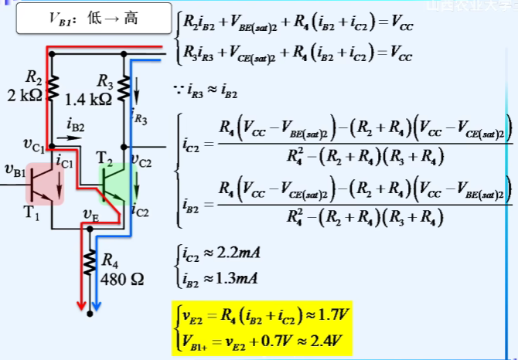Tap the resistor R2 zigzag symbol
54,87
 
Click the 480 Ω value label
121,277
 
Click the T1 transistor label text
31,214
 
